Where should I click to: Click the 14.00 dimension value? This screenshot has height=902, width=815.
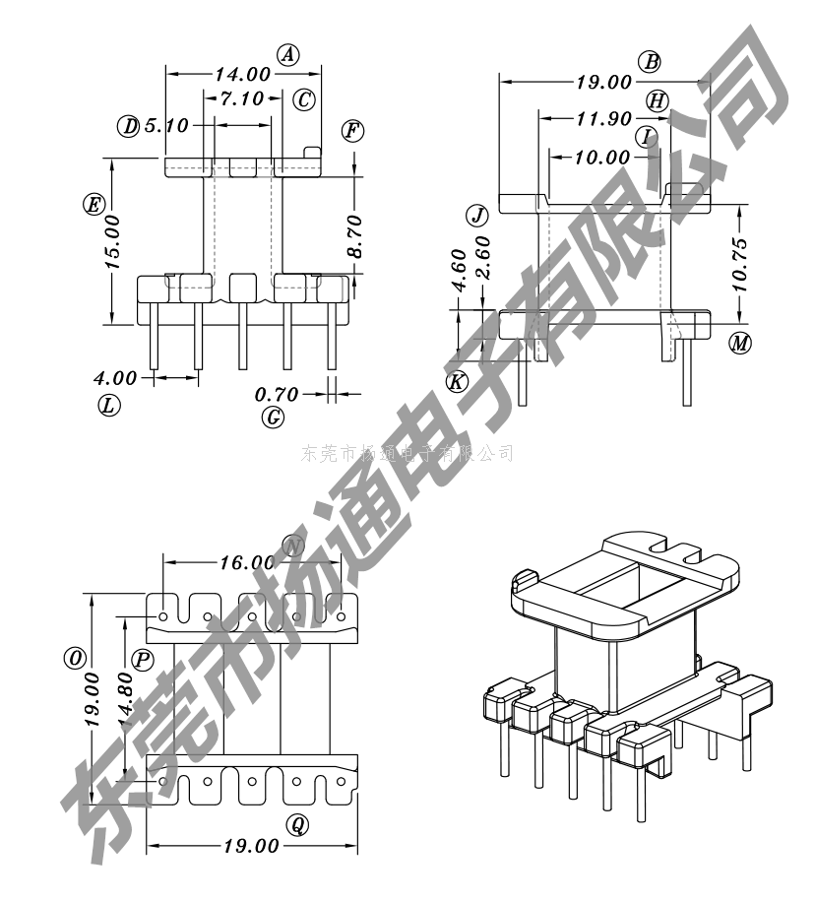[x=243, y=74]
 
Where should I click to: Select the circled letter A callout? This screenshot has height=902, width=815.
[x=287, y=54]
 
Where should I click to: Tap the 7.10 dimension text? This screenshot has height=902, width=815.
[x=242, y=98]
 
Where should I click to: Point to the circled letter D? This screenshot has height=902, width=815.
[x=129, y=126]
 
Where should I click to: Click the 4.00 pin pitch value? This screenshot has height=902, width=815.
[x=115, y=377]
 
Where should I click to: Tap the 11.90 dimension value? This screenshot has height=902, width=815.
[x=603, y=119]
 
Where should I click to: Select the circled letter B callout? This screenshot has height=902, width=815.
[x=650, y=62]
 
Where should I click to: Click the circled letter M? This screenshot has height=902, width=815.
[x=740, y=344]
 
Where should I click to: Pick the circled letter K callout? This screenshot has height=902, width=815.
[x=458, y=382]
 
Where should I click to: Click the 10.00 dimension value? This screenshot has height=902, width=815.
[x=603, y=157]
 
